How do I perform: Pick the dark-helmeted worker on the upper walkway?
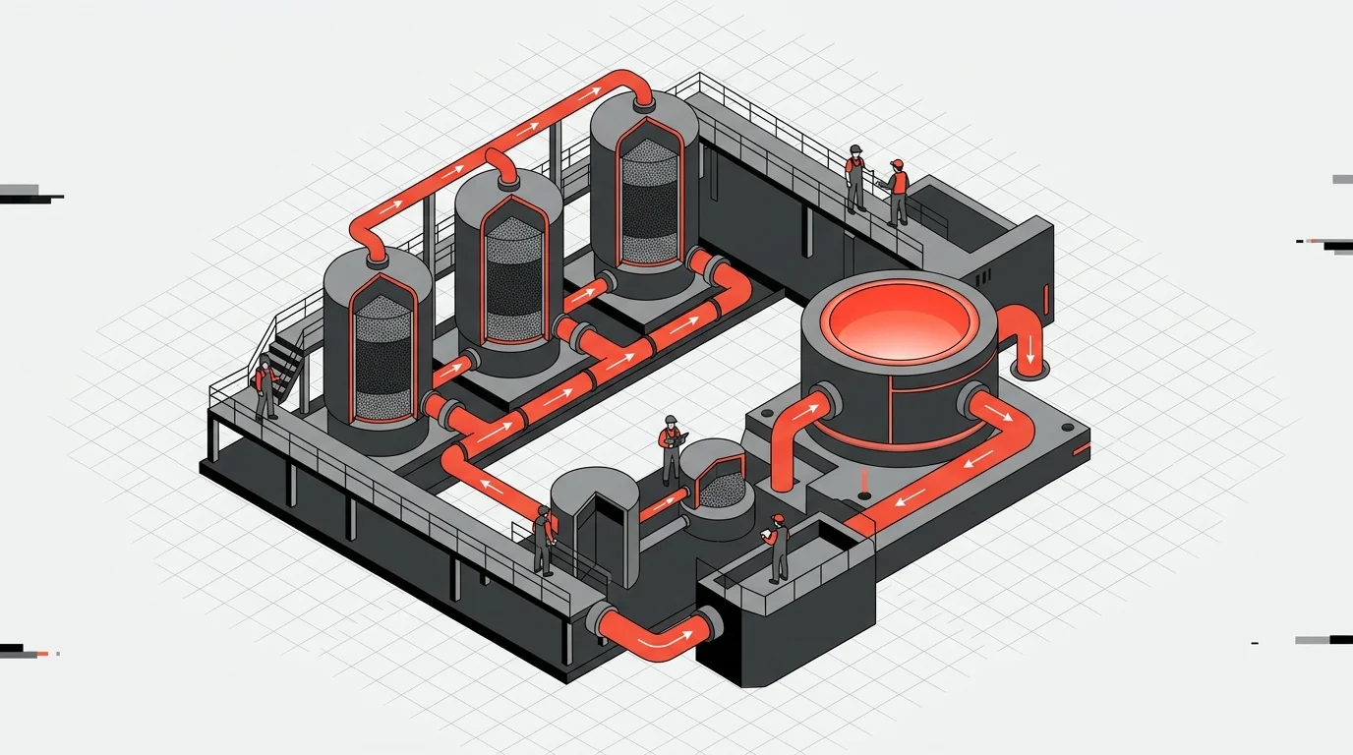(855, 177)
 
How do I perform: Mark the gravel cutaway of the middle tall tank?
(512, 275)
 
